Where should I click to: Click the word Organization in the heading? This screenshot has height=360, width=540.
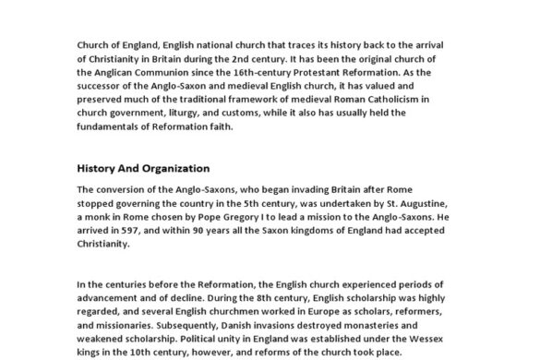173,168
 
